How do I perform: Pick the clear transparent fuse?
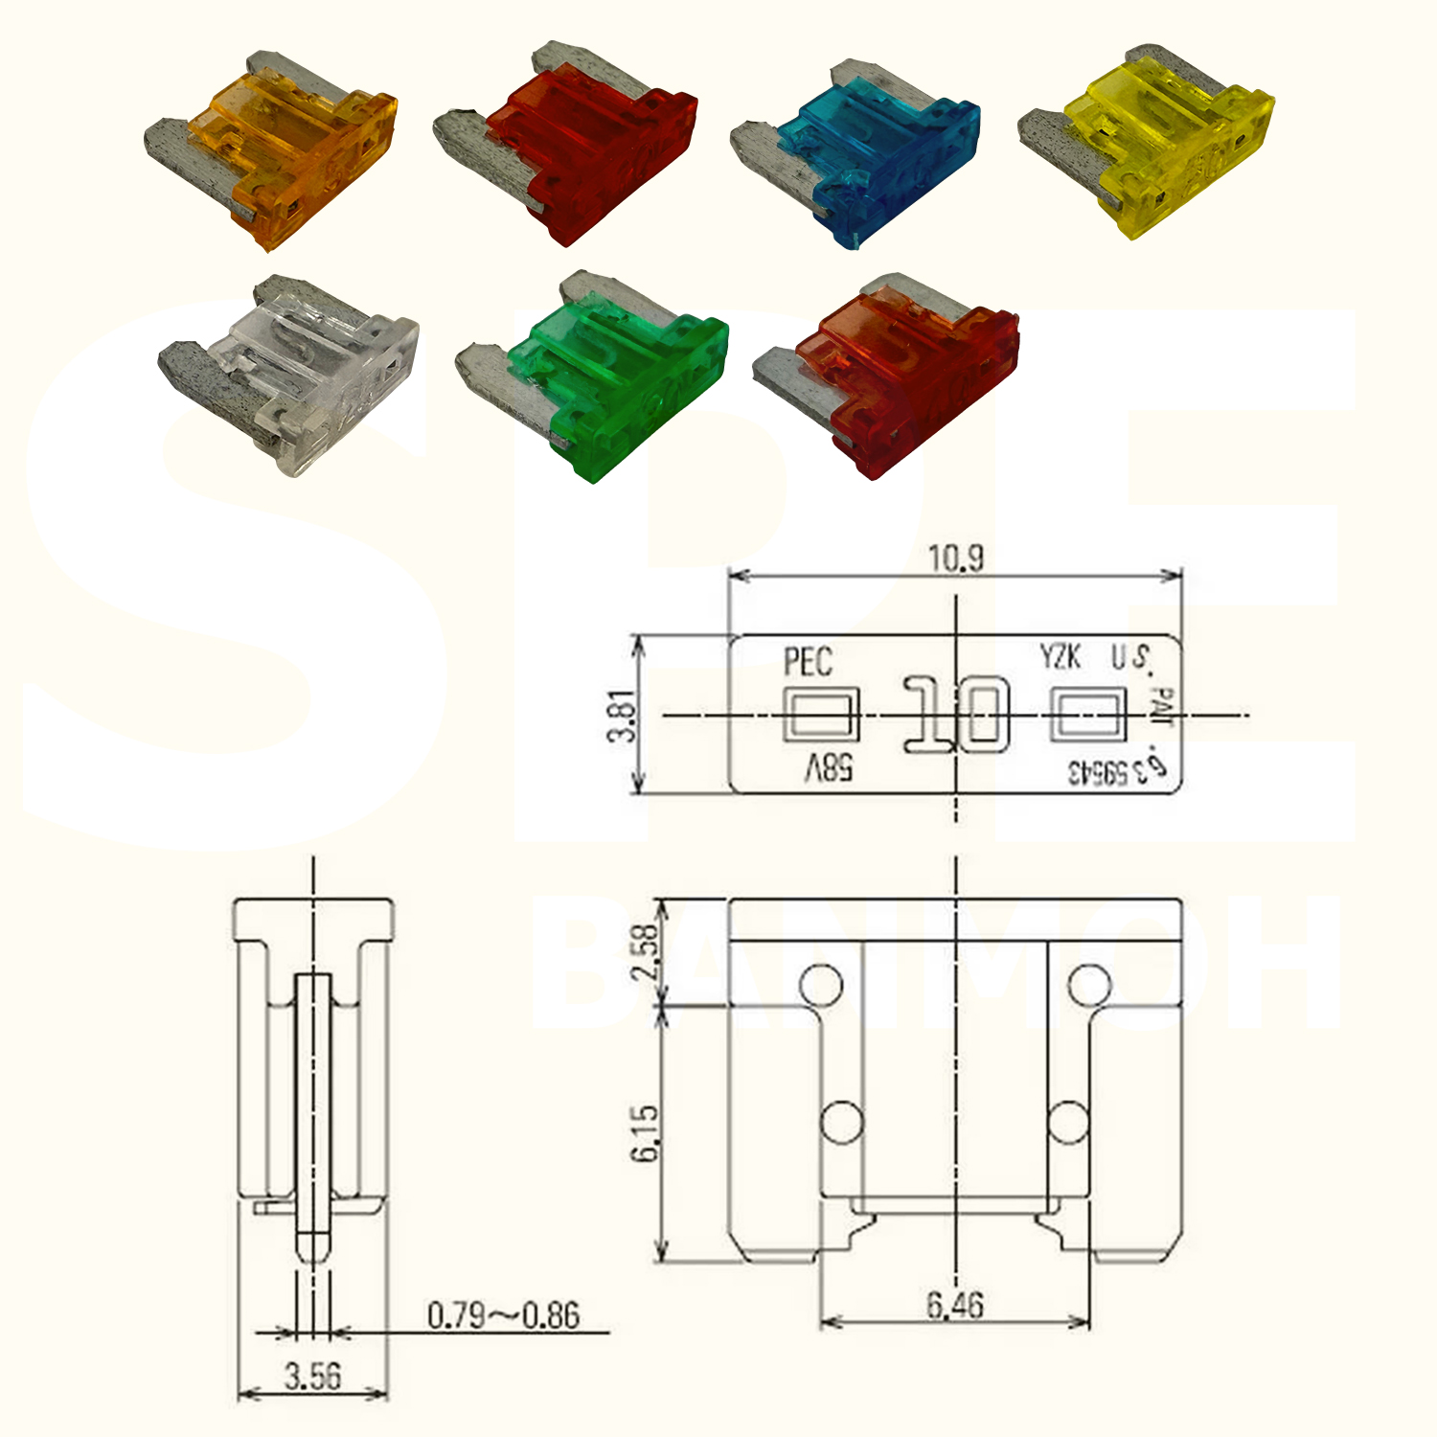pos(297,374)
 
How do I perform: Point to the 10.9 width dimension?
pos(955,558)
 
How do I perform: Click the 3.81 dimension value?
pos(622,715)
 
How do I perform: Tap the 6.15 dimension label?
pos(645,1132)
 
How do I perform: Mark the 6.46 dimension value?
pos(954,1305)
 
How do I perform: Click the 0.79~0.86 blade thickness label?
pos(503,1315)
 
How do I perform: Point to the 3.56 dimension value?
pos(312,1377)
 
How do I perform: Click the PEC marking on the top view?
pos(808,662)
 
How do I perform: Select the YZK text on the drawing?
pos(1061,657)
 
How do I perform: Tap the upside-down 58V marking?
pos(828,768)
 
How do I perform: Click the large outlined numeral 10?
pos(956,715)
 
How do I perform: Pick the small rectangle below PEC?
pos(821,715)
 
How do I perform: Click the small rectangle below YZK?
pos(1087,715)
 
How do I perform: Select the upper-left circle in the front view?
pos(821,984)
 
